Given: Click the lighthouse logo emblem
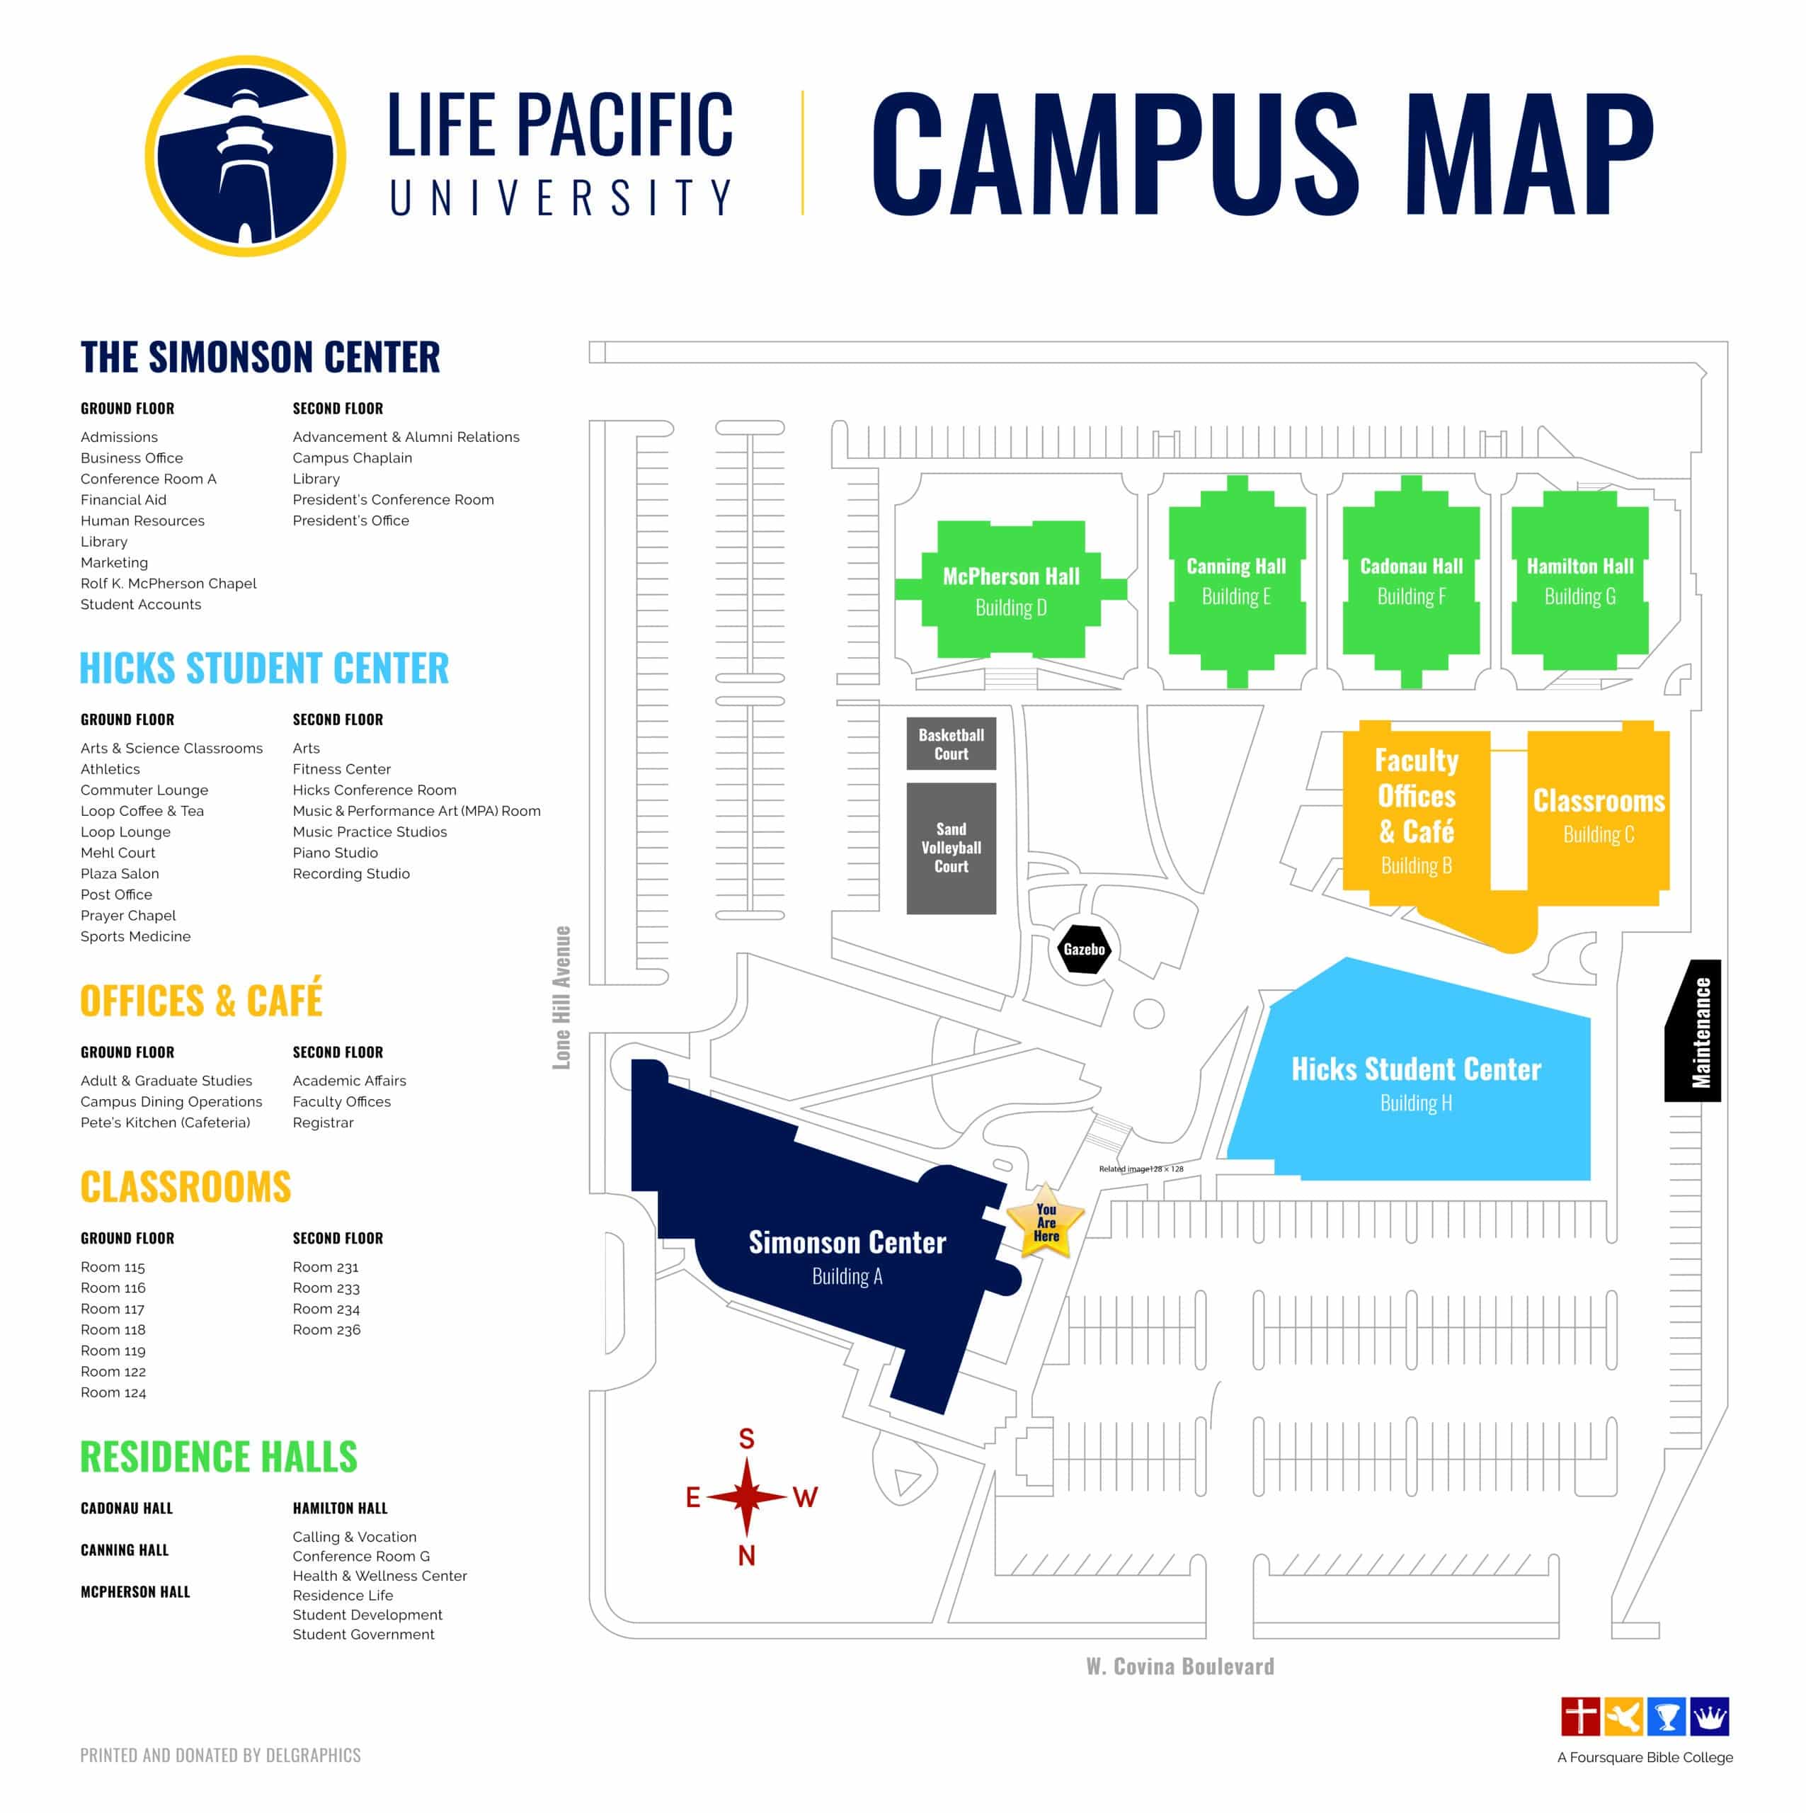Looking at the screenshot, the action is tap(245, 156).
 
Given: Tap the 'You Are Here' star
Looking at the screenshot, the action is tap(1045, 1222).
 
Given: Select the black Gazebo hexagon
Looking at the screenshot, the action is tap(1084, 949).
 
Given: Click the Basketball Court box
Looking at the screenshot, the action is tap(950, 743).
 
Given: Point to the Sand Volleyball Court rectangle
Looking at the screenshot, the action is tap(950, 848).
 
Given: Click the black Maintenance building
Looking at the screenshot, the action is tap(1693, 1030).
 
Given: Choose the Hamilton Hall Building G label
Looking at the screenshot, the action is tap(1580, 581).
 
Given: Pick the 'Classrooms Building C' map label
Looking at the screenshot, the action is tap(1599, 814).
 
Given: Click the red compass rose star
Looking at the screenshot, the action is tap(747, 1496).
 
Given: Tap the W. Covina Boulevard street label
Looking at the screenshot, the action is tap(1180, 1666).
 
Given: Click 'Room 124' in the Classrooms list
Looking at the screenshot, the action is tap(113, 1392).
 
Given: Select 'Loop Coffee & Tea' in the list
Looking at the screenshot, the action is tap(142, 811).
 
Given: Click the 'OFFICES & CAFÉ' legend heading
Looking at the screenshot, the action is tap(201, 999).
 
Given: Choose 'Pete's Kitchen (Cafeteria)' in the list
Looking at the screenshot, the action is tap(165, 1123).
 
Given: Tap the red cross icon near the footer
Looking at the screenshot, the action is tap(1580, 1717).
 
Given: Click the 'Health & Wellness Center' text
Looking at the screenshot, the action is tap(379, 1576).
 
